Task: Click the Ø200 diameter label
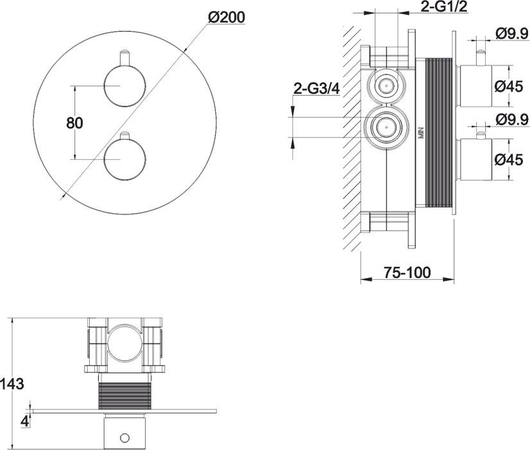pos(227,17)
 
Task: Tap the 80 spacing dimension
pos(74,123)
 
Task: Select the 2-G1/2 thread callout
pos(444,7)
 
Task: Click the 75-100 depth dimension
pos(407,272)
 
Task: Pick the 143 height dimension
pos(12,384)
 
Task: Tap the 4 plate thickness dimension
pos(24,421)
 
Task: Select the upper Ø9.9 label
pos(512,33)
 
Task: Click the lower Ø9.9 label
pos(512,119)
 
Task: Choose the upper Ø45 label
pos(509,87)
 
